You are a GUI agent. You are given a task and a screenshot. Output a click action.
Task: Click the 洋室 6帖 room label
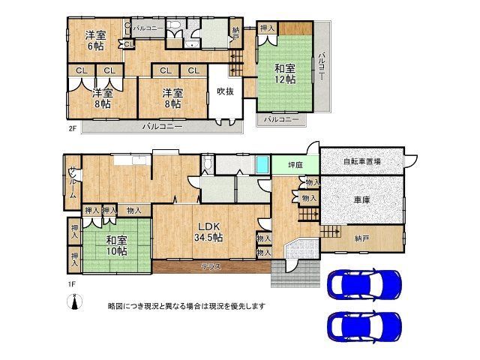point(95,40)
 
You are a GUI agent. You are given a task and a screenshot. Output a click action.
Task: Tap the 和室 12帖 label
point(284,72)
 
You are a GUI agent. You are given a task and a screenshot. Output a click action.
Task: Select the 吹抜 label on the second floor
point(226,92)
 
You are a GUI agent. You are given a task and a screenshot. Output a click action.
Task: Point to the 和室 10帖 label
point(116,245)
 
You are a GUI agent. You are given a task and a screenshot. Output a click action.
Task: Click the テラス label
point(210,266)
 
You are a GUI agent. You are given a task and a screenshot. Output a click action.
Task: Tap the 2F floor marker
point(73,128)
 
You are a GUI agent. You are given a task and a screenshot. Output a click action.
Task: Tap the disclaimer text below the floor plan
point(186,306)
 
